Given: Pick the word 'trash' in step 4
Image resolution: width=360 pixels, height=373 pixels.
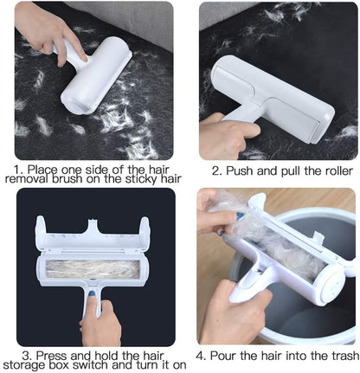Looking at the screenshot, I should click(337, 354).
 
